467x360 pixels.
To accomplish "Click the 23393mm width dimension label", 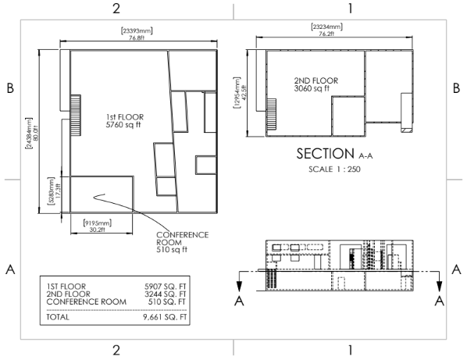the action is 137,34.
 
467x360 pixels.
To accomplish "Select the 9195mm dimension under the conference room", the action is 98,226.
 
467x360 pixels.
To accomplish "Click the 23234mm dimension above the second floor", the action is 326,30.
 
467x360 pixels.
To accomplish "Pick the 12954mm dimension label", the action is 240,93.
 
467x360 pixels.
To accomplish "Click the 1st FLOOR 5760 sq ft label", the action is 124,120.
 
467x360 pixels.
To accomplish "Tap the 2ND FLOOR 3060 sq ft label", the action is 316,84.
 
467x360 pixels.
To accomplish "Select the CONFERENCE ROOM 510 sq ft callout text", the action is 182,242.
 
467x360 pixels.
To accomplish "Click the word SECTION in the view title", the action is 325,154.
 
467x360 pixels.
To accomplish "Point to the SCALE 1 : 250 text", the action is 334,169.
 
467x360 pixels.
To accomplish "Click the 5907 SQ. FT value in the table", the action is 165,287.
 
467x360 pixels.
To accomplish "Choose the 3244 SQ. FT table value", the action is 165,294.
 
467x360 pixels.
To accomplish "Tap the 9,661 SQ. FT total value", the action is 165,317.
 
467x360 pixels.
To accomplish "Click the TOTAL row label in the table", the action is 58,317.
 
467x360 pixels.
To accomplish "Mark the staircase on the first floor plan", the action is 75,116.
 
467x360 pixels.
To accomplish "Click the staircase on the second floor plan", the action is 271,115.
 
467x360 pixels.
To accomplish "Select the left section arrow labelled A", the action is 239,281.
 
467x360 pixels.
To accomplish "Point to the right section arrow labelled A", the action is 439,281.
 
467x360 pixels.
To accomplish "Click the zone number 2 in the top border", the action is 116,9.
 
